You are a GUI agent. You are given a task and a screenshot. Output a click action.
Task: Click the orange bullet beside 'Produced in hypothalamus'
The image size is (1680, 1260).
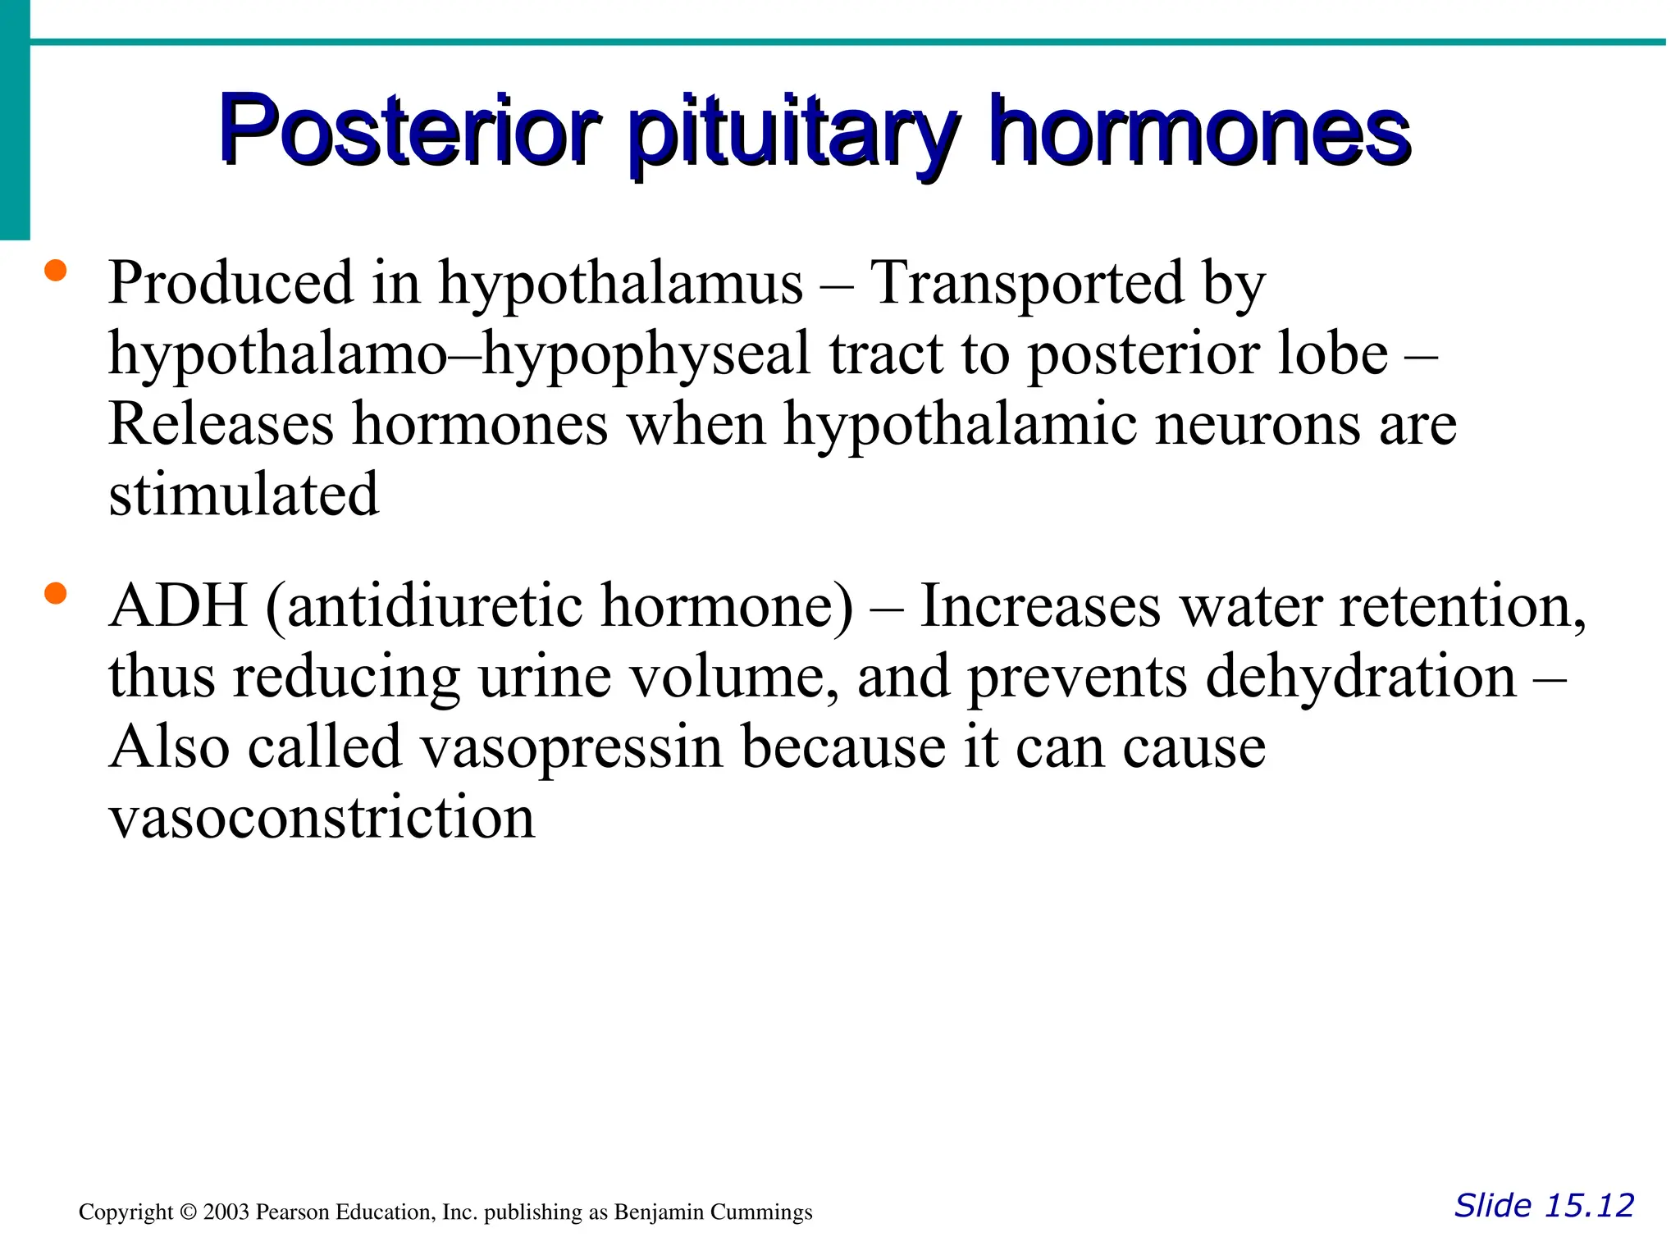(x=55, y=272)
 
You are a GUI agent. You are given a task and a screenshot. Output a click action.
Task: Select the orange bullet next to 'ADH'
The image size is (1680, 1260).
(x=55, y=593)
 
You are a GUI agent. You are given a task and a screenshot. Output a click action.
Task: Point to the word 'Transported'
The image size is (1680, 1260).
(x=1026, y=283)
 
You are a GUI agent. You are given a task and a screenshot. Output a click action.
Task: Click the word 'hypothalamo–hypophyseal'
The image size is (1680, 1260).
(x=459, y=355)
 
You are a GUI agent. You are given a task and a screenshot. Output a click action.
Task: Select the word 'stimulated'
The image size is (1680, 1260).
(x=244, y=495)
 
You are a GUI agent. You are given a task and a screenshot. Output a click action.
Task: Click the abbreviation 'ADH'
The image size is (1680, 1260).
(x=178, y=606)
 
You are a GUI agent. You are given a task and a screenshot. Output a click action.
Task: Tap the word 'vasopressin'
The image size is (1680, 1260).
(x=571, y=747)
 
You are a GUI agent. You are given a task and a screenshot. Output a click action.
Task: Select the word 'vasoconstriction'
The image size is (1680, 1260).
(x=322, y=818)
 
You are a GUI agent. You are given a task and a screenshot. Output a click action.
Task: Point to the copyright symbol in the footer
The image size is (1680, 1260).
(x=188, y=1212)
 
